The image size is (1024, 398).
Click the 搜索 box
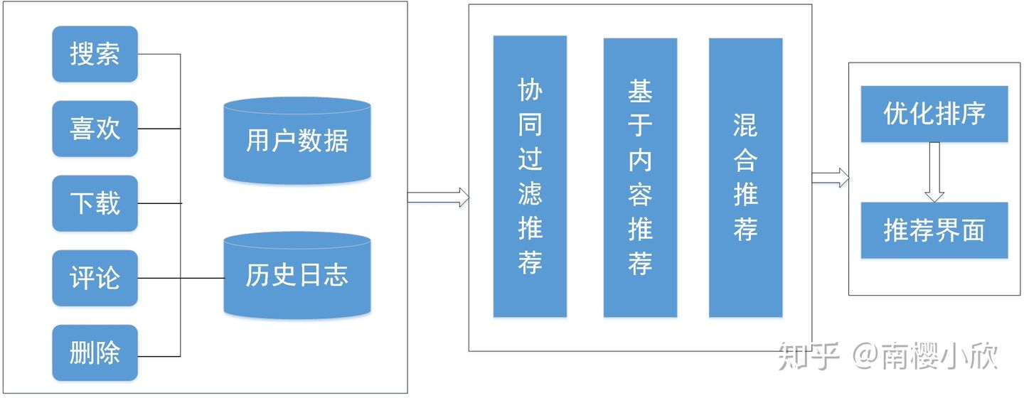pos(95,54)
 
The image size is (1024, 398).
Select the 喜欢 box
pos(95,129)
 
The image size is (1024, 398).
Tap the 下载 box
pos(95,203)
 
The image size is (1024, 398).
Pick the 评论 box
pos(95,278)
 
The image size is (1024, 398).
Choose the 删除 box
pos(95,353)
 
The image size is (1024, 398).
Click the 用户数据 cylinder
pos(297,141)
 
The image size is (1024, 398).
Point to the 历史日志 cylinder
pos(297,275)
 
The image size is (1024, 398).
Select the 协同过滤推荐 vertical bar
pos(530,176)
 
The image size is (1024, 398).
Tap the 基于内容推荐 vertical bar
pos(640,176)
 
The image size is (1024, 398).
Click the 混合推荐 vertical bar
pos(745,176)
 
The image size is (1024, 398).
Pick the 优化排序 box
pos(934,114)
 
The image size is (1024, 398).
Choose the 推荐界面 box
pos(934,230)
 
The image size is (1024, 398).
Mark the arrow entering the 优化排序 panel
pos(831,177)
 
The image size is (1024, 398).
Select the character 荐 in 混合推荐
pos(745,229)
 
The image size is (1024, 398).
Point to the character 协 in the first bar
pos(530,90)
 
